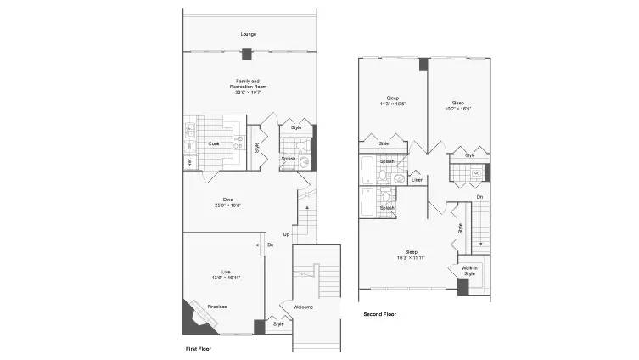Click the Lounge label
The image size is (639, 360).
click(248, 34)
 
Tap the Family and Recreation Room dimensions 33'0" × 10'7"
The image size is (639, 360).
click(248, 92)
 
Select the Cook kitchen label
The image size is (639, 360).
click(214, 143)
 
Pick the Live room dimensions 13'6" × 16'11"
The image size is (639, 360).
click(225, 277)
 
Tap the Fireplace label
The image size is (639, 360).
click(216, 307)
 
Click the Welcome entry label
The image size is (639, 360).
click(304, 307)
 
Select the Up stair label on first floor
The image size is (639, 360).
click(286, 234)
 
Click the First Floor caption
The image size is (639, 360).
click(199, 349)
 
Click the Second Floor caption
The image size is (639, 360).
click(379, 314)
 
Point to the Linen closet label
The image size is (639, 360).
click(418, 180)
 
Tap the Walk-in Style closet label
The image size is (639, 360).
click(468, 271)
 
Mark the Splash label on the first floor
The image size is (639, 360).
click(289, 158)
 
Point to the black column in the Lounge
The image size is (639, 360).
click(246, 55)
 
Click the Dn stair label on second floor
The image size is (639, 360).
click(479, 197)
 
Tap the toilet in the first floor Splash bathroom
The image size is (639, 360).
click(303, 159)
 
